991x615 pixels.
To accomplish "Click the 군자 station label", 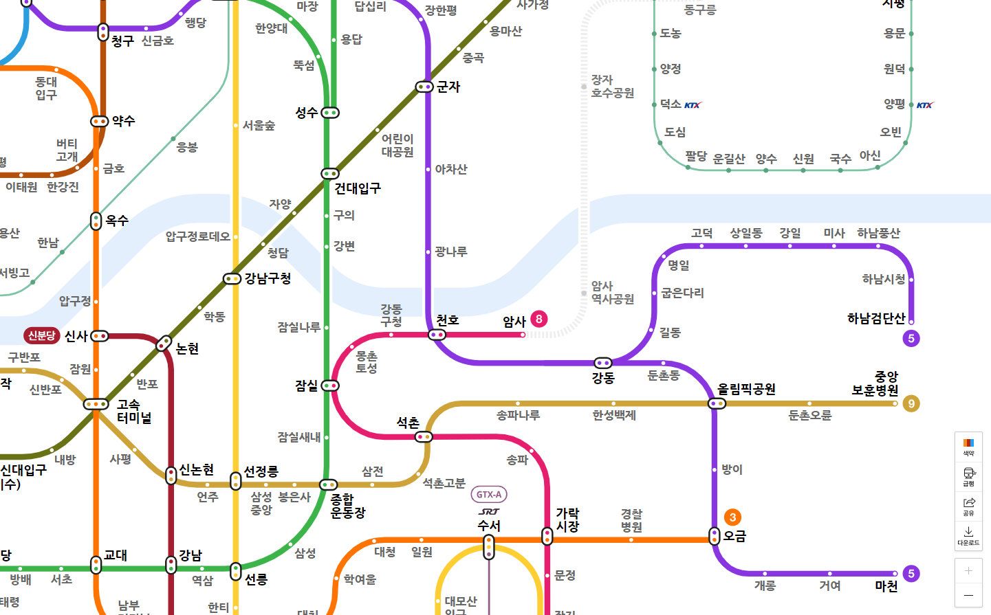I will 448,87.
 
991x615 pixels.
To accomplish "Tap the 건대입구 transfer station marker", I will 330,174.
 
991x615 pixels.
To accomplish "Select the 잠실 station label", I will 306,385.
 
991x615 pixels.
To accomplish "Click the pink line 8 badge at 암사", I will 538,319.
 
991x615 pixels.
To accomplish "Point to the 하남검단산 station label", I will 875,318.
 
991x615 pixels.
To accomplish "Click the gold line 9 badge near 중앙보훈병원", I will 911,403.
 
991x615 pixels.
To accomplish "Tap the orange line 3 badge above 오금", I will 732,517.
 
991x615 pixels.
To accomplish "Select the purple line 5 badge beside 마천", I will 911,573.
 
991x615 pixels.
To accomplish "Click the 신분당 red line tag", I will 41,335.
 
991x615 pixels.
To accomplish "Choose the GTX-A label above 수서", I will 489,495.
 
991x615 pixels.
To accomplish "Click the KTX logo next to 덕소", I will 693,105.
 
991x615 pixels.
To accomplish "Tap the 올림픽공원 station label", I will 746,389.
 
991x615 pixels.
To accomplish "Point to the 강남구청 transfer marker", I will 232,279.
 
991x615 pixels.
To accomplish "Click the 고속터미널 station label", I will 133,411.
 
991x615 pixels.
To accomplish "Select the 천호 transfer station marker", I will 437,335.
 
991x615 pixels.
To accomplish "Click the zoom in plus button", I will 968,570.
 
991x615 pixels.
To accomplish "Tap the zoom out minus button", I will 968,595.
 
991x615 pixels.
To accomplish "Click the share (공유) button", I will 968,506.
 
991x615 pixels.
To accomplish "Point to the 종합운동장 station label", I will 348,506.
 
